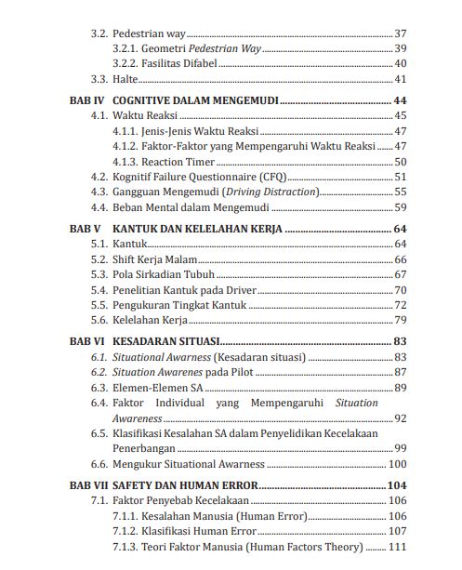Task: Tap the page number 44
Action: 401,99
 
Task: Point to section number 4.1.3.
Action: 125,161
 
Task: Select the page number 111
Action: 396,548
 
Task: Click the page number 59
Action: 402,207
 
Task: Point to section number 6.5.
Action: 98,433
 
